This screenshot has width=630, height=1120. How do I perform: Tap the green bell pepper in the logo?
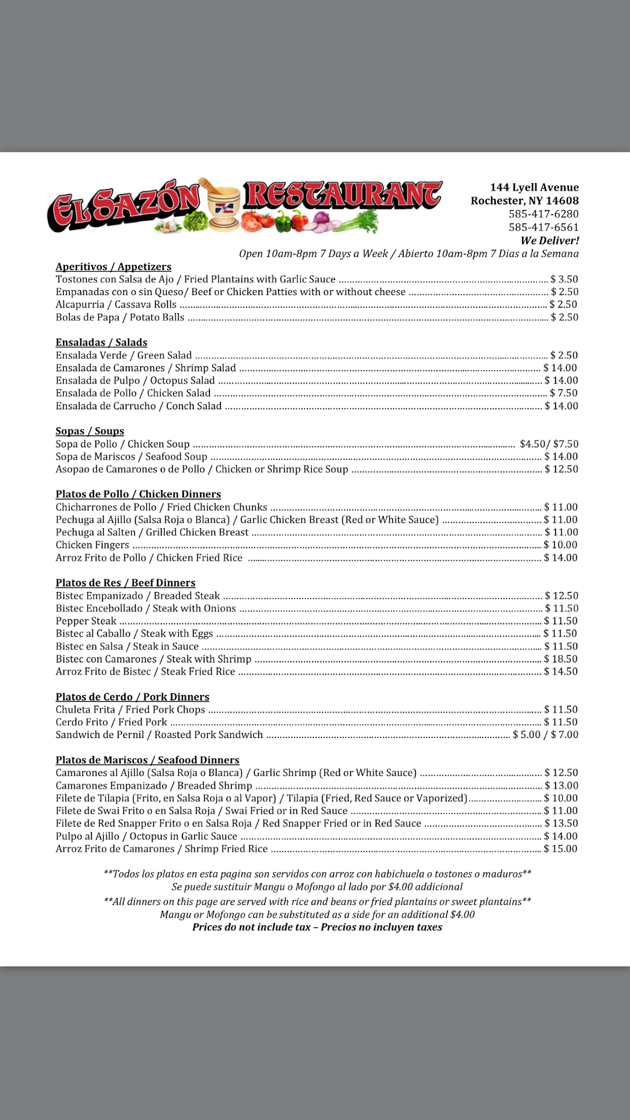click(x=283, y=221)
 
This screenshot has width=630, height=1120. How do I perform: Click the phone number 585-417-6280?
click(x=543, y=214)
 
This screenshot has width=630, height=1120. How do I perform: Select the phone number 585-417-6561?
click(x=543, y=227)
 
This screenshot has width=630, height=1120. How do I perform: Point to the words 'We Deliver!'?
click(x=549, y=241)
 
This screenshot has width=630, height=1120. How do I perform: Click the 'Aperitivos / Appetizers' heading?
click(x=113, y=267)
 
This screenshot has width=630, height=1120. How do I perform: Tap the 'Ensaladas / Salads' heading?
click(x=101, y=342)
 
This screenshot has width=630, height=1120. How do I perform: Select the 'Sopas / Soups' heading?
click(x=90, y=431)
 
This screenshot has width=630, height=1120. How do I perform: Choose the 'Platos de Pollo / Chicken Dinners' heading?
click(x=138, y=494)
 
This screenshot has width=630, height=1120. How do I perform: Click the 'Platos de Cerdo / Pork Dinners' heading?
click(x=132, y=697)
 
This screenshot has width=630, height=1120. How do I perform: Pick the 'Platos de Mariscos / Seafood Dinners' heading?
click(x=147, y=760)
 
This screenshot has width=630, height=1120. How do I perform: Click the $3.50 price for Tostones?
click(x=564, y=279)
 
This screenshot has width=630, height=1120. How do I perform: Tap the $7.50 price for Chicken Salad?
click(x=563, y=393)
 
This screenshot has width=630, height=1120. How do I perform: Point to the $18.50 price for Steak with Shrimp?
click(x=561, y=659)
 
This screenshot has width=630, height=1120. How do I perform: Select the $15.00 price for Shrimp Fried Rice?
click(x=561, y=849)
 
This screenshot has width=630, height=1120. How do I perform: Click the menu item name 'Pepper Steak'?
click(x=86, y=621)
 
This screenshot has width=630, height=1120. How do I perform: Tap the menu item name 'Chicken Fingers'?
click(x=92, y=545)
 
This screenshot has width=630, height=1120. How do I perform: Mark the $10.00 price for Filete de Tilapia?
click(x=561, y=798)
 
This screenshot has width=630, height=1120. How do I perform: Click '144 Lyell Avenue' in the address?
click(x=534, y=188)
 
